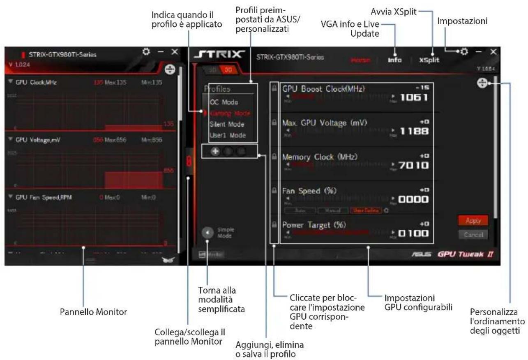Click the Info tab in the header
coord(394,60)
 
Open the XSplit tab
coord(429,60)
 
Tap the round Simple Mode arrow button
coord(208,233)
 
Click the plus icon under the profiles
coord(214,151)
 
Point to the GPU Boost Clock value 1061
coord(414,98)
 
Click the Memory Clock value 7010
coord(414,166)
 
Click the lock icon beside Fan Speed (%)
coord(273,191)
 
